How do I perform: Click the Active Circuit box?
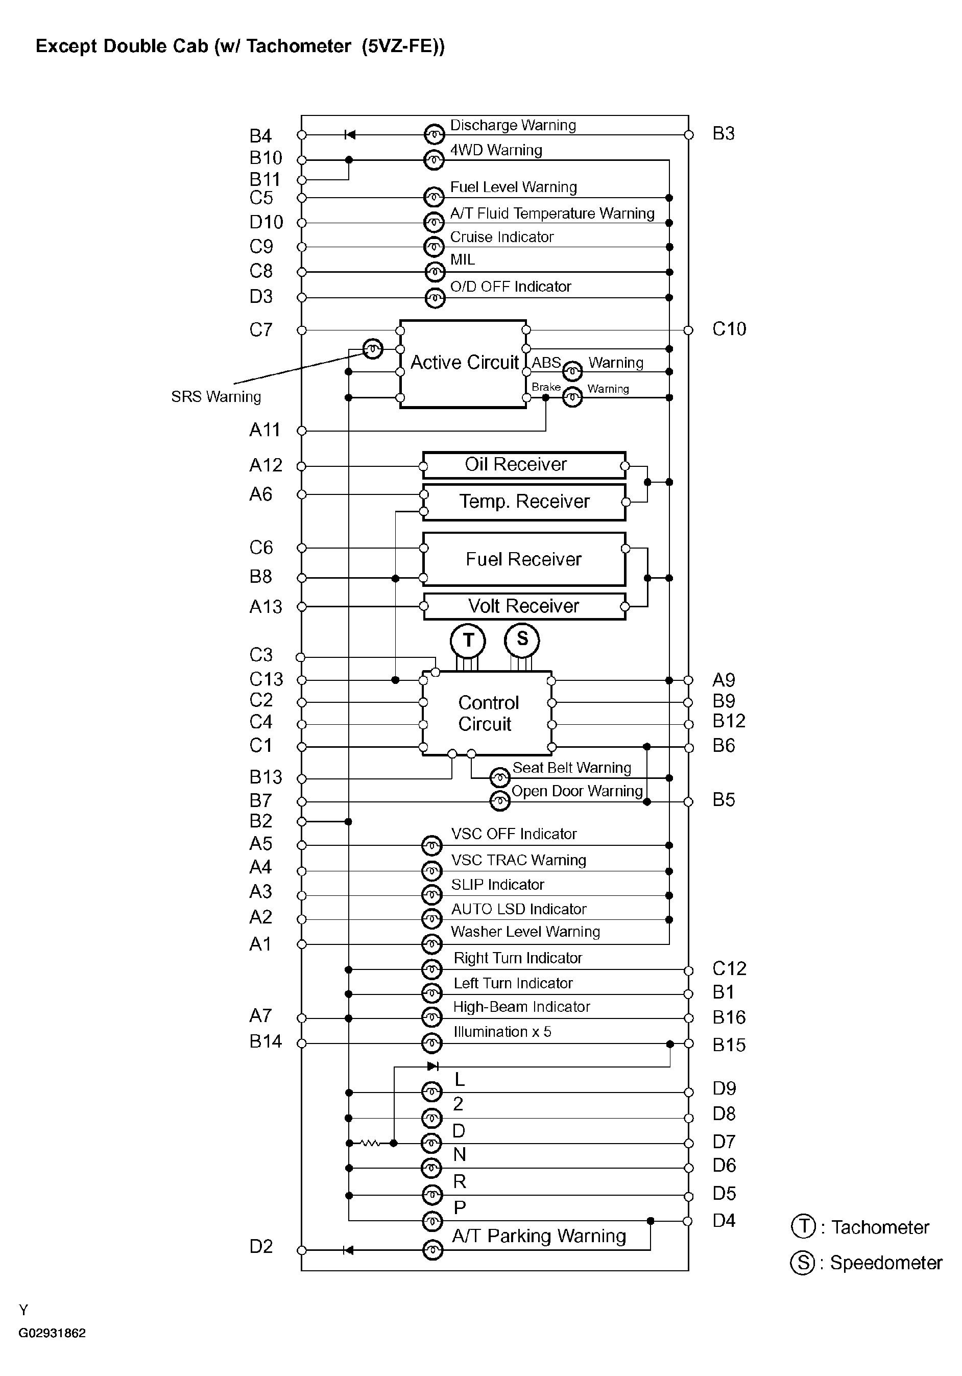[x=463, y=364]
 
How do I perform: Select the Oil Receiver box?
[x=524, y=465]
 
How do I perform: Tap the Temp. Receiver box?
[x=524, y=502]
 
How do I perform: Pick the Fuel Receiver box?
[x=524, y=559]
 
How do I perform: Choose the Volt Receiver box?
[x=524, y=606]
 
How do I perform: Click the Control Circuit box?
[x=487, y=713]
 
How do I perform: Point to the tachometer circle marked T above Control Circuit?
[x=468, y=640]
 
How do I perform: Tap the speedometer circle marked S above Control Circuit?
[x=522, y=639]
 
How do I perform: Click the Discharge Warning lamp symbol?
[x=434, y=134]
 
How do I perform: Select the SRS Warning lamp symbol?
[x=373, y=348]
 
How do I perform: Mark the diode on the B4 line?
[x=350, y=135]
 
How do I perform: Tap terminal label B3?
[x=723, y=134]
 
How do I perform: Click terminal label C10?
[x=729, y=329]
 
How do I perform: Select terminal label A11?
[x=265, y=430]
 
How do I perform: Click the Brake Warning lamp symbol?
[x=572, y=397]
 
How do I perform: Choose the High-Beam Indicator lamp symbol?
[x=431, y=1017]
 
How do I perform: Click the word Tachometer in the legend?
[x=880, y=1227]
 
